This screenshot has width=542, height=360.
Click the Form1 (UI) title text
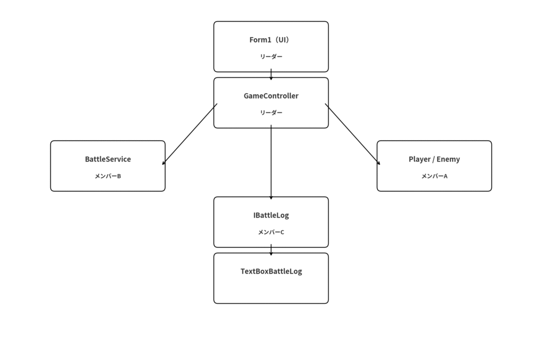tap(270, 40)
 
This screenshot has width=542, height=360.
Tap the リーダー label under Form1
tap(271, 56)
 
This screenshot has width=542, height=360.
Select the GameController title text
tap(271, 96)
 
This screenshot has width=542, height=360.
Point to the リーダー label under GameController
tap(271, 112)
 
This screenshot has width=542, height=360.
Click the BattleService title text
tap(108, 159)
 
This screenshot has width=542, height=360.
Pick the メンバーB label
tap(108, 176)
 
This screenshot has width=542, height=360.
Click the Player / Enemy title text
tap(434, 159)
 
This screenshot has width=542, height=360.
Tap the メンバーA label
tap(434, 176)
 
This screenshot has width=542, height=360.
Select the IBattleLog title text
tap(271, 215)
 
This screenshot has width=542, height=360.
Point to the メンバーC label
tap(271, 232)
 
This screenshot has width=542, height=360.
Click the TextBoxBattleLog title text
tap(271, 271)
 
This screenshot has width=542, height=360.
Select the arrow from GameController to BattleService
tap(190, 134)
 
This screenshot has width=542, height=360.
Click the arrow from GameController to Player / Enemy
tap(353, 134)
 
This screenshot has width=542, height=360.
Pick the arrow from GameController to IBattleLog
tap(271, 162)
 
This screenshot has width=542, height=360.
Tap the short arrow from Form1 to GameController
tap(271, 74)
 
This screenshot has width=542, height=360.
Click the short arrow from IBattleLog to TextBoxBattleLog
tap(271, 250)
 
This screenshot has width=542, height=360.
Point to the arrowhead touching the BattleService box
tap(164, 163)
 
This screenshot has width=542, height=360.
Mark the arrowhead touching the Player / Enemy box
tap(378, 163)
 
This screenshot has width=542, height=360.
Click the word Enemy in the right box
tap(448, 159)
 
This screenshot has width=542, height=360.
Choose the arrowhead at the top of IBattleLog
tap(271, 198)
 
